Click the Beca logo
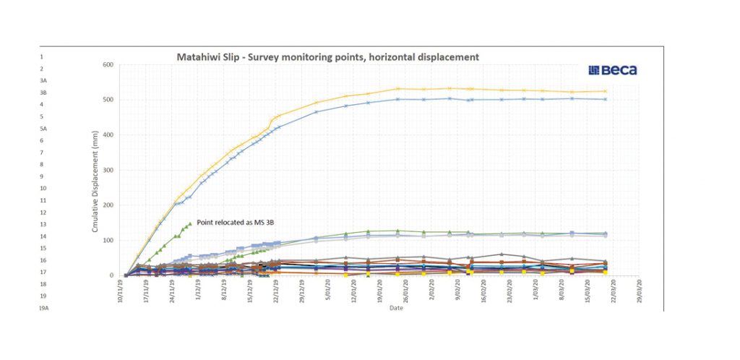pyautogui.click(x=613, y=70)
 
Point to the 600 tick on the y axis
pyautogui.click(x=108, y=65)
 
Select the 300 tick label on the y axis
pyautogui.click(x=108, y=170)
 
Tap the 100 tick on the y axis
pyautogui.click(x=108, y=240)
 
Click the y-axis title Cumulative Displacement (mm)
pyautogui.click(x=95, y=188)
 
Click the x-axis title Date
pyautogui.click(x=396, y=308)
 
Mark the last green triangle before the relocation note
pyautogui.click(x=189, y=223)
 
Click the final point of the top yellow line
pyautogui.click(x=604, y=91)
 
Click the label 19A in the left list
pyautogui.click(x=43, y=308)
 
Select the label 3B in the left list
pyautogui.click(x=43, y=93)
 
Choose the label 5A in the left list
pyautogui.click(x=43, y=129)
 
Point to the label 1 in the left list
pyautogui.click(x=42, y=56)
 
